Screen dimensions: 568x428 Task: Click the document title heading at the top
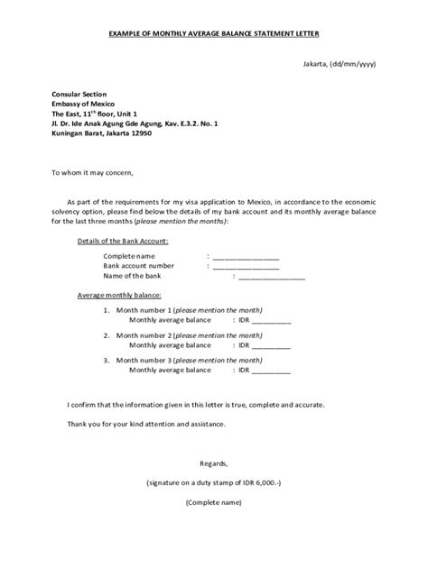pos(214,33)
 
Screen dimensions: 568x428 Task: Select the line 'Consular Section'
pos(79,94)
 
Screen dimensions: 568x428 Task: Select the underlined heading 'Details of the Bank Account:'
pos(122,242)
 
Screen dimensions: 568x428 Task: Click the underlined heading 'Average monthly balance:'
pos(119,296)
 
